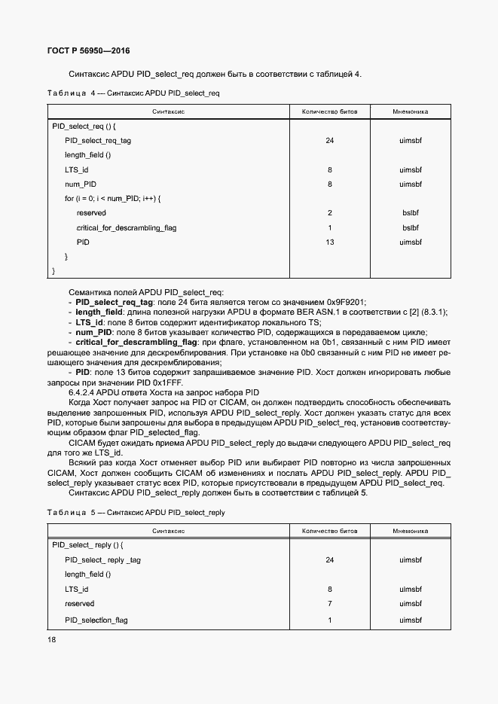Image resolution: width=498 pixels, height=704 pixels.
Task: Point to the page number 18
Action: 52,639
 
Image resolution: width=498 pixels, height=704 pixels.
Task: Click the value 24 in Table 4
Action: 329,141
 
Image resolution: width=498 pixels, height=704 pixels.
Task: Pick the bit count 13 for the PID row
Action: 329,242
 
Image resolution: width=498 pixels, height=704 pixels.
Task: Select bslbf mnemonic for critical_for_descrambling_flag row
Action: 410,227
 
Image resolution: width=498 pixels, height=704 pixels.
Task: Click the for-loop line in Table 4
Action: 113,198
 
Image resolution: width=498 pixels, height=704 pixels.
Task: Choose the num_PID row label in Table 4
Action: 81,184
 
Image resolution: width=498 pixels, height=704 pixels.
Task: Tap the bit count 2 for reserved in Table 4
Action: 329,213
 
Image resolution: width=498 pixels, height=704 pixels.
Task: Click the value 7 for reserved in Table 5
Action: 329,604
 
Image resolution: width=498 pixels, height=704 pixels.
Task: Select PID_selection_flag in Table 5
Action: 96,620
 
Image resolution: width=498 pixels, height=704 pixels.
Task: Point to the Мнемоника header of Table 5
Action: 410,531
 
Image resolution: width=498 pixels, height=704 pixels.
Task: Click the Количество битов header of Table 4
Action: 329,112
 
